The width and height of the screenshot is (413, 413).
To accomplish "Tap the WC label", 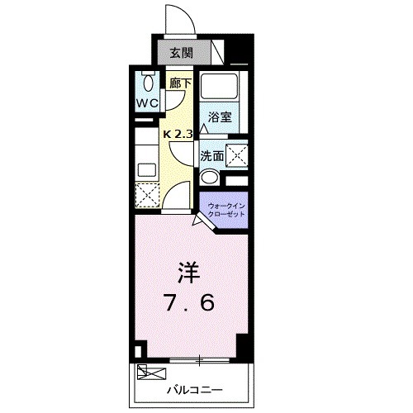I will pyautogui.click(x=148, y=104).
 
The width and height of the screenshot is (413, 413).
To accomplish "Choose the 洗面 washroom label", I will pyautogui.click(x=211, y=155).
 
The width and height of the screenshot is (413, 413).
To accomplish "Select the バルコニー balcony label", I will pyautogui.click(x=192, y=387).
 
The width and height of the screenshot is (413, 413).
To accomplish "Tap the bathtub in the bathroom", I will pyautogui.click(x=220, y=87).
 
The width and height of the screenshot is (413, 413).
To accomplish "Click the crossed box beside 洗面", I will pyautogui.click(x=236, y=154).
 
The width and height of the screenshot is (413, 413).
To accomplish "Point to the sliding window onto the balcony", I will pyautogui.click(x=198, y=360).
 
